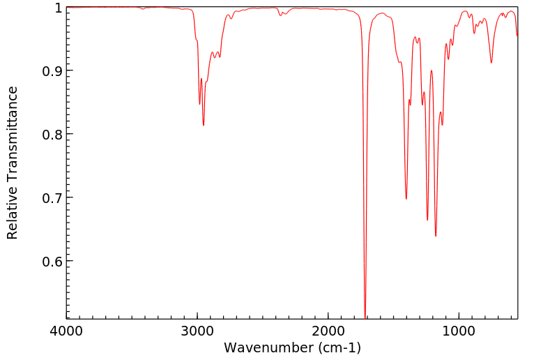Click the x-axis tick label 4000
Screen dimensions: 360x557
pyautogui.click(x=66, y=330)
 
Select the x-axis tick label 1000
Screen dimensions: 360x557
pyautogui.click(x=459, y=330)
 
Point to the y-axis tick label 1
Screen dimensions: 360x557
pyautogui.click(x=58, y=8)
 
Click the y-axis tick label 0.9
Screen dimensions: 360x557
pyautogui.click(x=51, y=71)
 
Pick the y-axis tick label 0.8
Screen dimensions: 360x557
pyautogui.click(x=51, y=135)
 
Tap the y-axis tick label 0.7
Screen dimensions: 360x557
pyautogui.click(x=51, y=198)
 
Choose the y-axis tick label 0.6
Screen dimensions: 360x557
pyautogui.click(x=51, y=262)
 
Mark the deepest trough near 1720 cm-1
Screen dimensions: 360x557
pyautogui.click(x=365, y=316)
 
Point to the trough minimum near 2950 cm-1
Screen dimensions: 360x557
pyautogui.click(x=204, y=125)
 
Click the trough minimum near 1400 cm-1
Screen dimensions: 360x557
pyautogui.click(x=406, y=199)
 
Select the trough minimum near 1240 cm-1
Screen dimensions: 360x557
pyautogui.click(x=427, y=220)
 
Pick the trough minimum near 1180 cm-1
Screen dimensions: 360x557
pyautogui.click(x=436, y=236)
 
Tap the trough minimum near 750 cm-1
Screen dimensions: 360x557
pyautogui.click(x=491, y=63)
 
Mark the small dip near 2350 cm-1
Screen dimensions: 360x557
pyautogui.click(x=281, y=15)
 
